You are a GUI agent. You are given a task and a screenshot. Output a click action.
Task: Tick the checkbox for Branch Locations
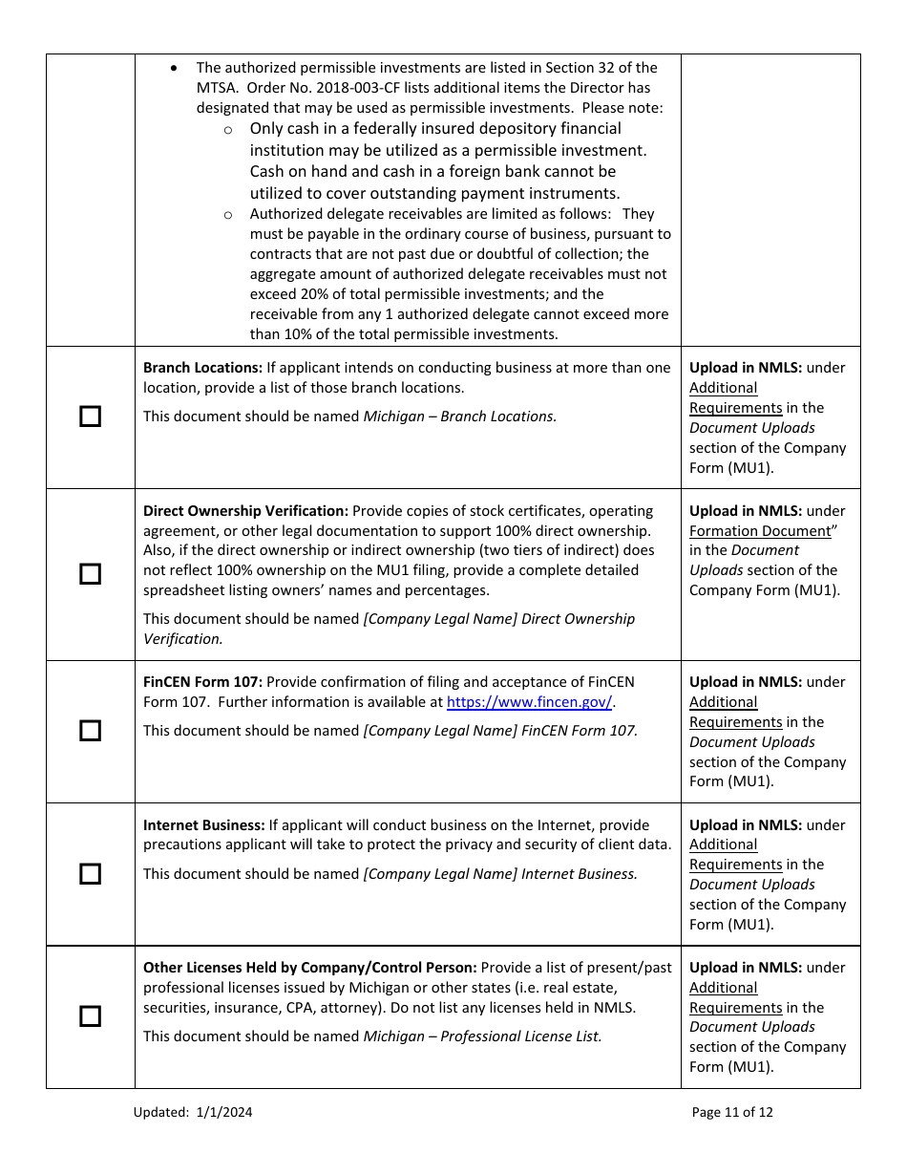[x=90, y=417]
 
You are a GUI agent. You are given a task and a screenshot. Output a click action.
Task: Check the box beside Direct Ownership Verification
[x=90, y=574]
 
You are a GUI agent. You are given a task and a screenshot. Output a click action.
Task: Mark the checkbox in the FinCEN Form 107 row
[x=90, y=731]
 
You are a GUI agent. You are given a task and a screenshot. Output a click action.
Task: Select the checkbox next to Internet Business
[x=90, y=874]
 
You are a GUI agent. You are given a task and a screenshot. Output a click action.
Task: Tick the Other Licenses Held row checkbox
[x=90, y=1016]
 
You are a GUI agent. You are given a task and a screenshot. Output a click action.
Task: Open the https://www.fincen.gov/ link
[x=529, y=702]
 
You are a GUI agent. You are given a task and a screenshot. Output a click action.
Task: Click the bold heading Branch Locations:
[x=202, y=368]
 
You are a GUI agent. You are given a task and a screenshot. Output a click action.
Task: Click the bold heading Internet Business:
[x=203, y=825]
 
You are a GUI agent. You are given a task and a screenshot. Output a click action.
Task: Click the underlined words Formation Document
[x=760, y=531]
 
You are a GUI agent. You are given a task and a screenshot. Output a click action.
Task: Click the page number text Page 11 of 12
[x=732, y=1112]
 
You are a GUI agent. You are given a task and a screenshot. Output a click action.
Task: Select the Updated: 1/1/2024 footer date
[x=193, y=1112]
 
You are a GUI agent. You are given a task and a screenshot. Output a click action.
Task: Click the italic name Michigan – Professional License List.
[x=482, y=1036]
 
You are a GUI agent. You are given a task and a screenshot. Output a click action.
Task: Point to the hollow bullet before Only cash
[x=228, y=130]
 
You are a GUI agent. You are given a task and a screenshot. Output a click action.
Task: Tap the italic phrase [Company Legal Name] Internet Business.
[x=499, y=874]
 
